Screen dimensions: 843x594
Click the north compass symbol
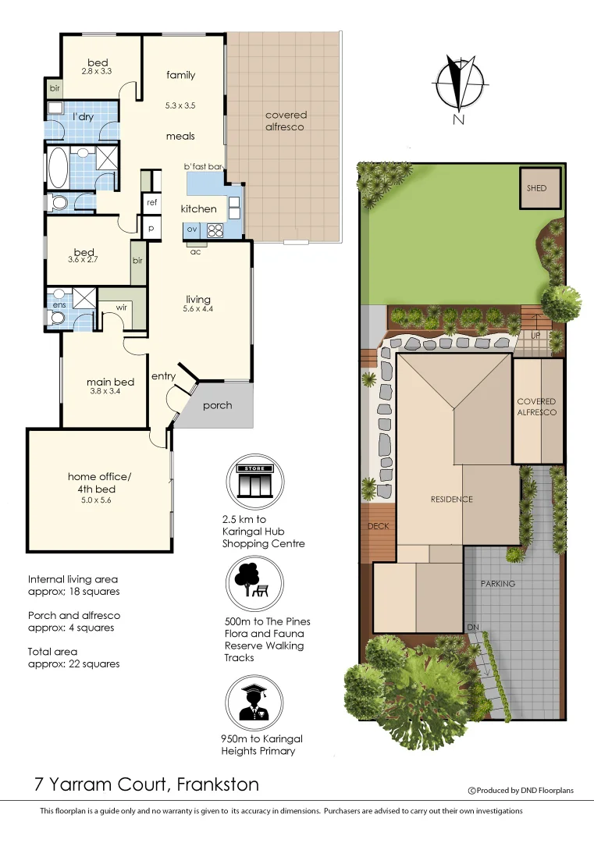click(458, 85)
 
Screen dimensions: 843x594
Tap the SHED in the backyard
click(537, 188)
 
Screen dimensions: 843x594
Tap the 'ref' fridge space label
click(151, 202)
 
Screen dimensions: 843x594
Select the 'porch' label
click(217, 405)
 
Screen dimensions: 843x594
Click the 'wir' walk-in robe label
click(122, 308)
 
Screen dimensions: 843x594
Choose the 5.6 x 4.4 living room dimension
click(198, 308)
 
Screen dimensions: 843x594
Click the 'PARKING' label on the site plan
click(497, 584)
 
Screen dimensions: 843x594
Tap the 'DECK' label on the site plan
click(378, 526)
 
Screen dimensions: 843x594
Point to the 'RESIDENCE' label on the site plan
click(452, 500)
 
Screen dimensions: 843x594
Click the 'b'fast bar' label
click(204, 166)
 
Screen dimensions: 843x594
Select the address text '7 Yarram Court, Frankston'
click(146, 784)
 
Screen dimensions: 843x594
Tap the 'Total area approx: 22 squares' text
click(73, 657)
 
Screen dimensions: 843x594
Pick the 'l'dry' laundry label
click(84, 117)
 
